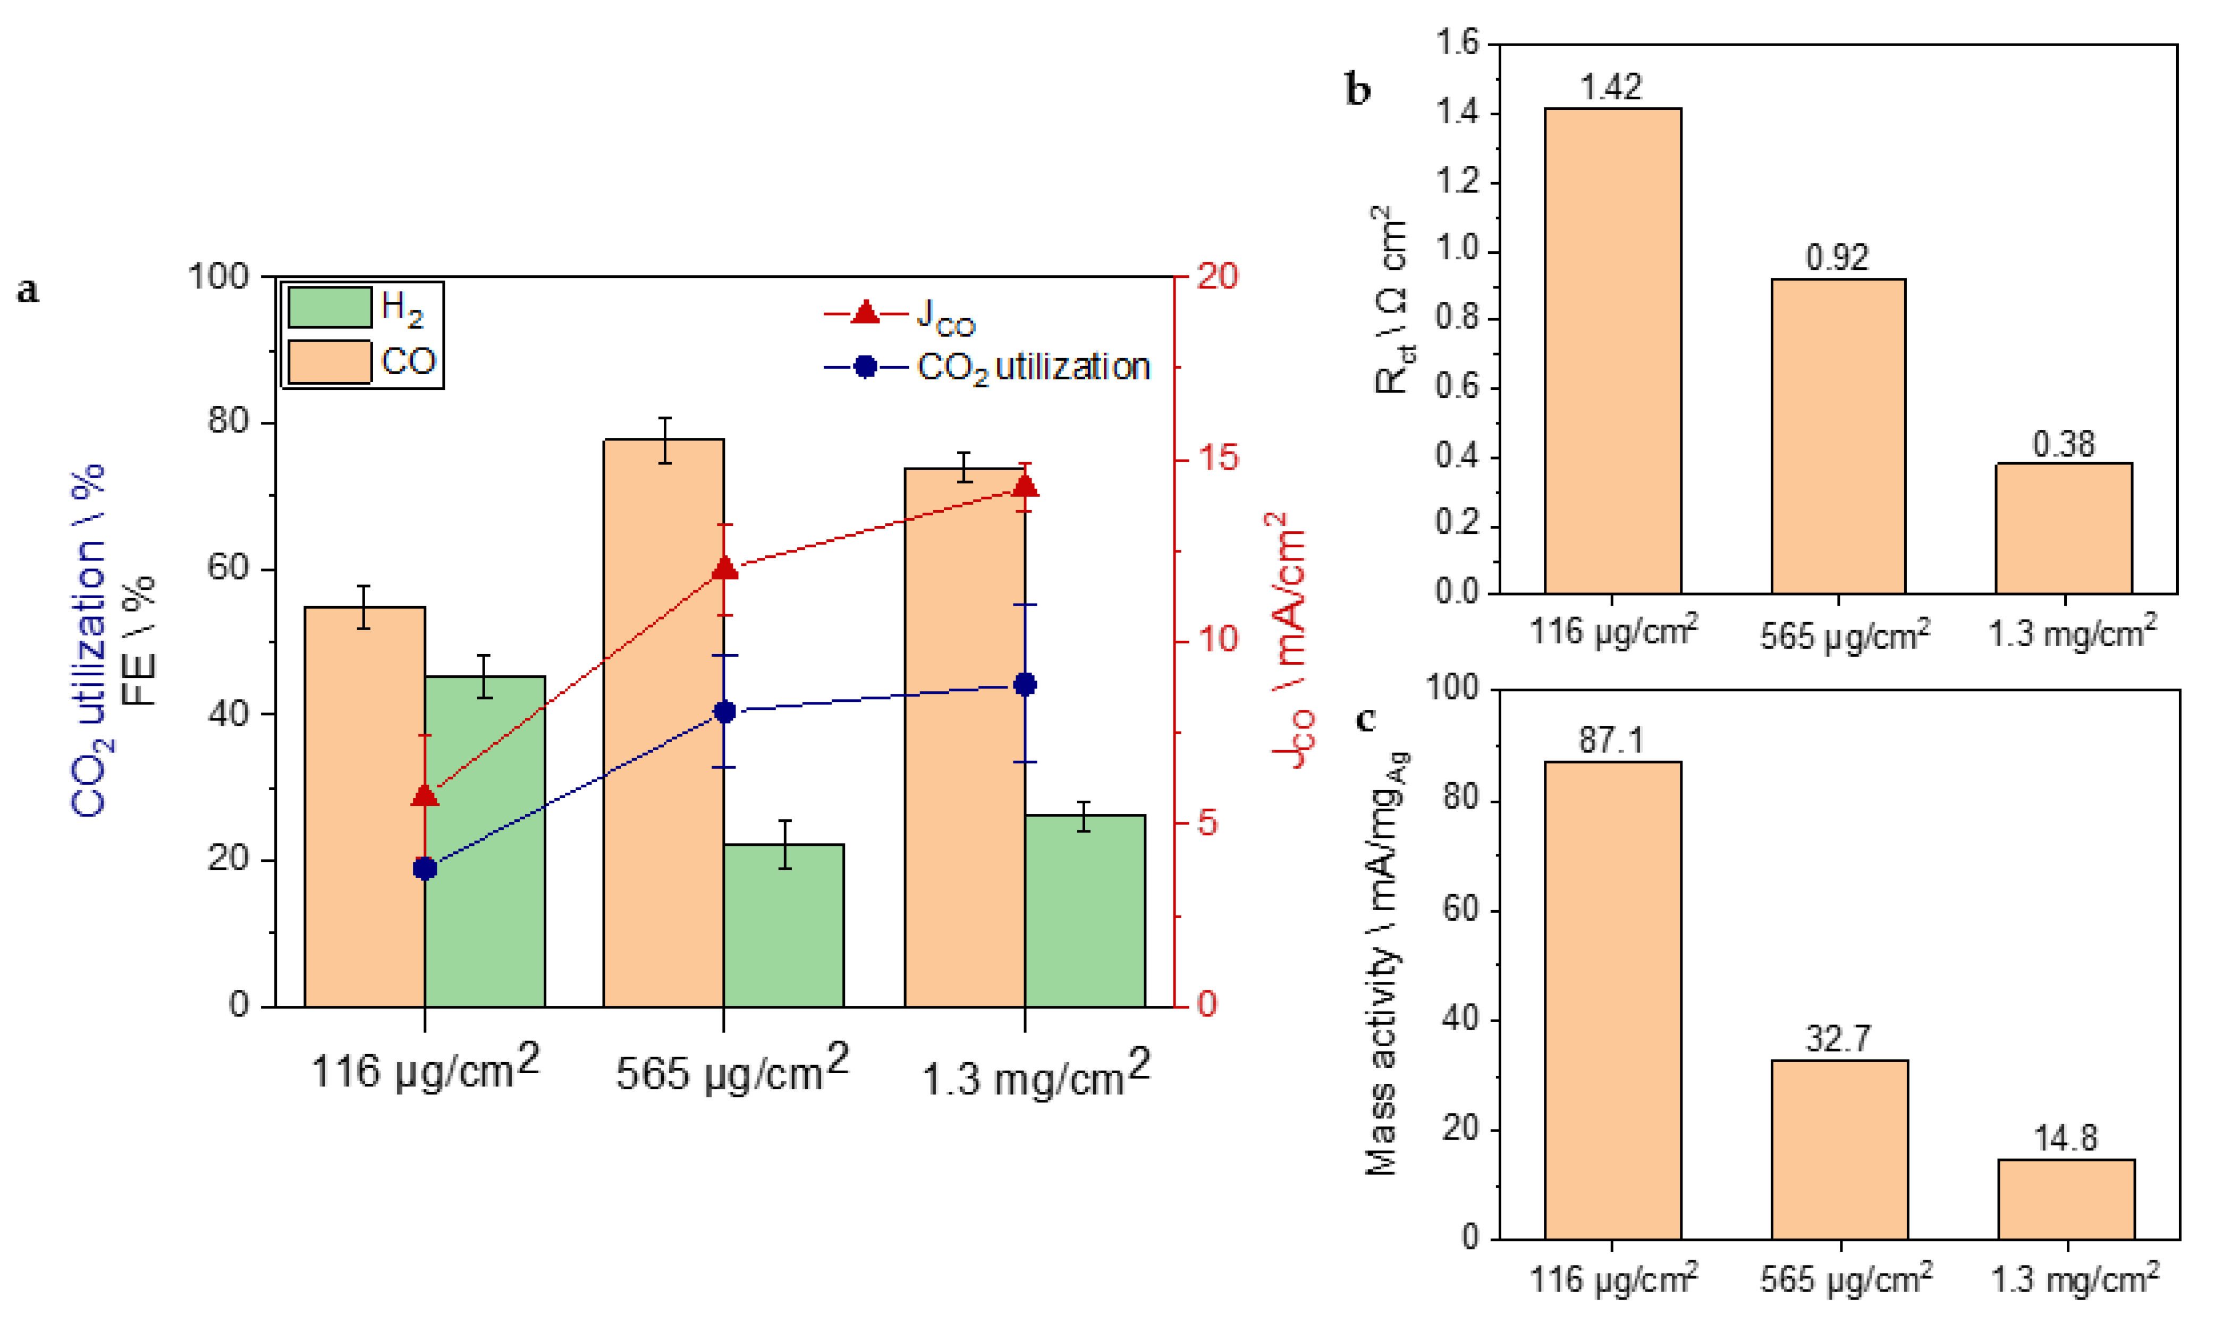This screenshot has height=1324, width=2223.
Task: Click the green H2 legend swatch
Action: tap(329, 308)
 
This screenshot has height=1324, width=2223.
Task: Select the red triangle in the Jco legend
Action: tap(865, 313)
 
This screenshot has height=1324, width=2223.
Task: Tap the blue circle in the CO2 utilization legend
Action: tap(865, 367)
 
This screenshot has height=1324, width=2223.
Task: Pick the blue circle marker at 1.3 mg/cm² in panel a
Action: tap(1025, 684)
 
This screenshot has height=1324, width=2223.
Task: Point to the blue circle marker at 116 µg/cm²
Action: tap(425, 868)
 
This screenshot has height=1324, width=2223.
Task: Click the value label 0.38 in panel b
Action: tap(2063, 444)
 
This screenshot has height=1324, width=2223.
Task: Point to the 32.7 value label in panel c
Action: tap(1838, 1039)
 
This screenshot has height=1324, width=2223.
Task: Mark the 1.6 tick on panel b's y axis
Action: tap(1457, 43)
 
